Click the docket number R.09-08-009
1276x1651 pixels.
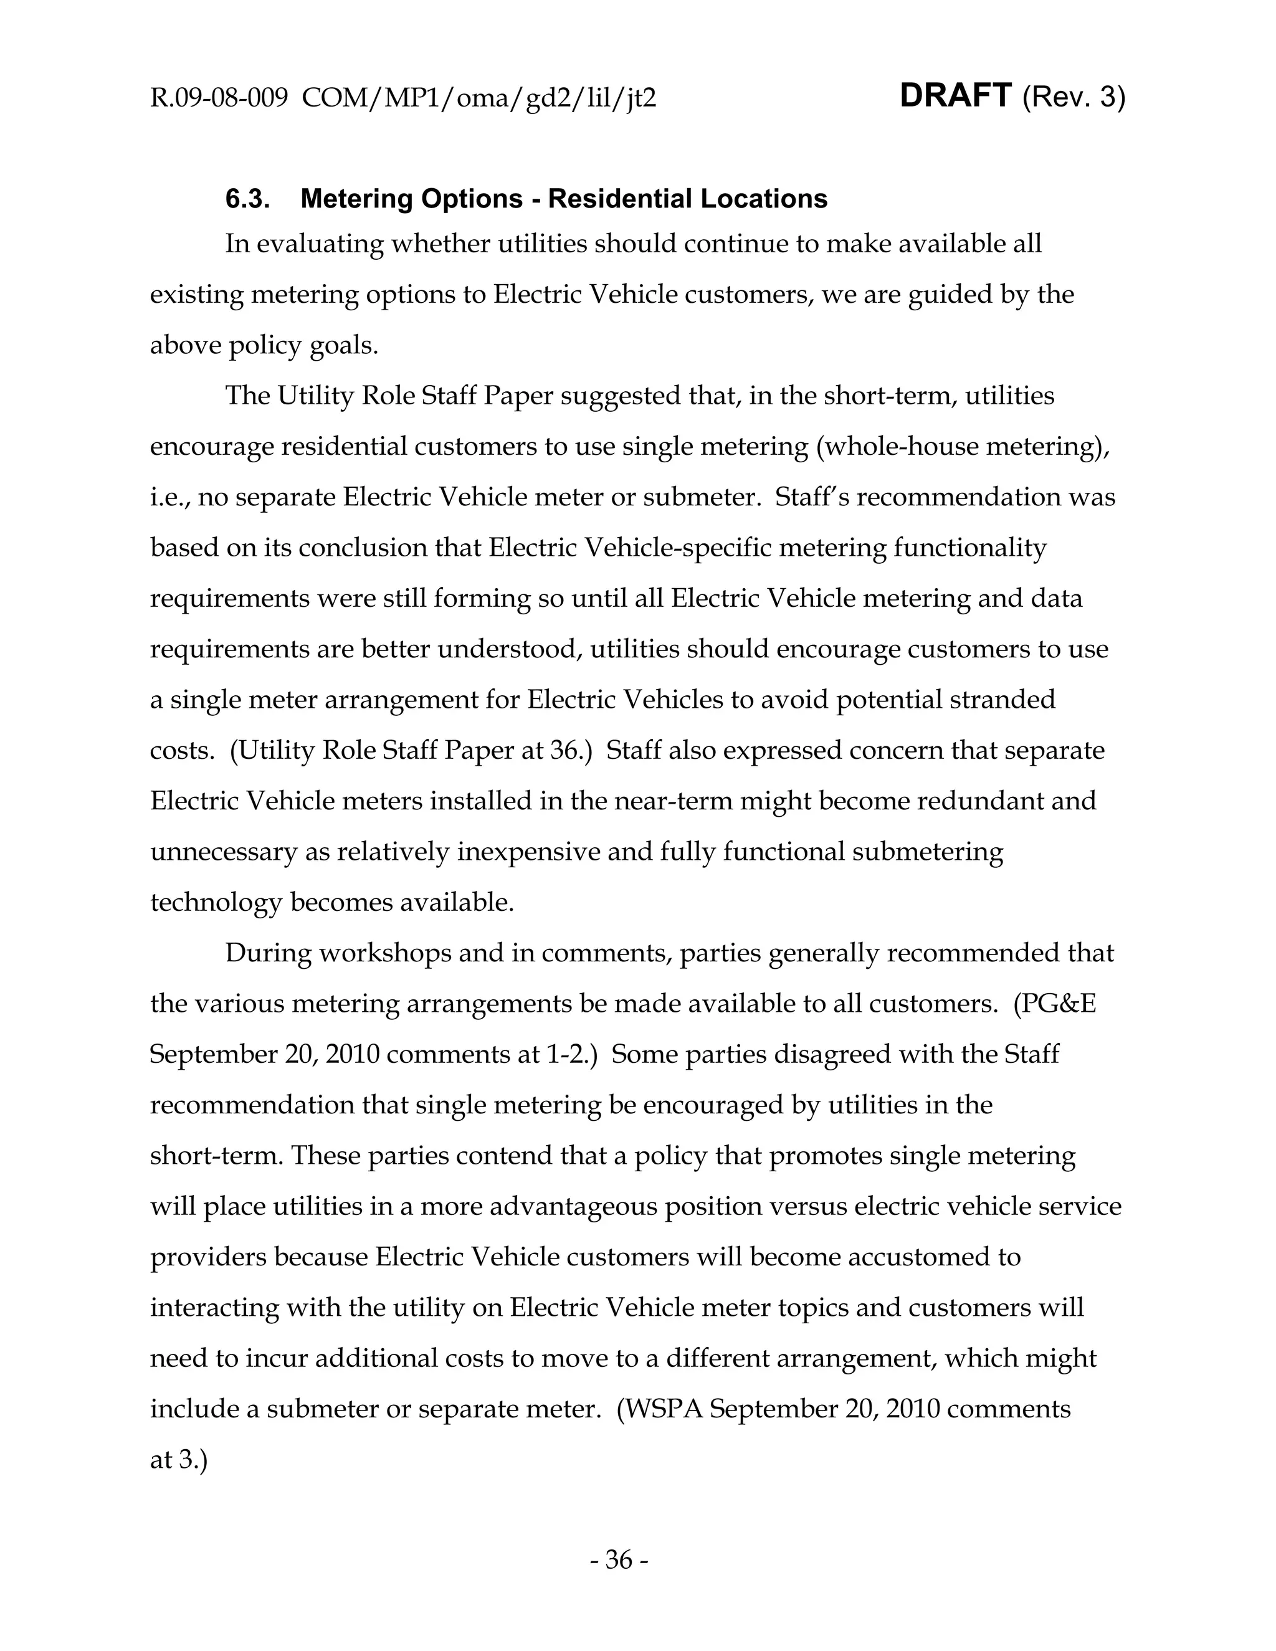coord(219,98)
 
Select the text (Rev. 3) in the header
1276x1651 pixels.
coord(1074,98)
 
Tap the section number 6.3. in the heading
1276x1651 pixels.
coord(248,199)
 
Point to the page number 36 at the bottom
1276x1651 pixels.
coord(618,1559)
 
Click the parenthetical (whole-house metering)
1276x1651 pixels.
coord(962,446)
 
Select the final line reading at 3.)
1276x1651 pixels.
coord(178,1460)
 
